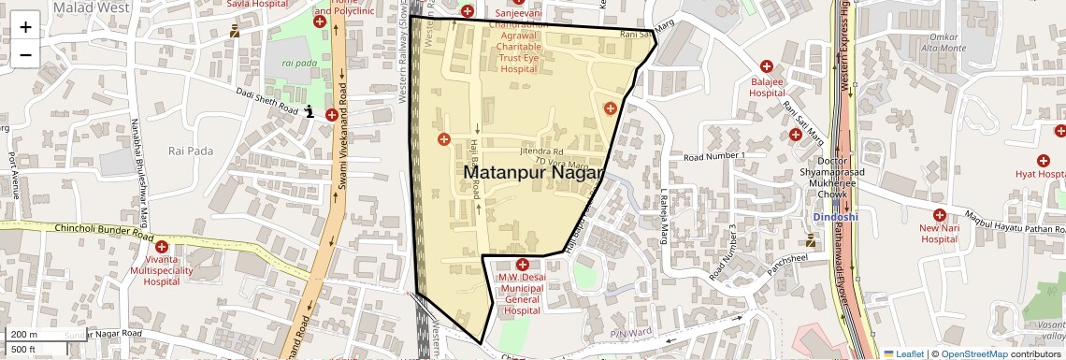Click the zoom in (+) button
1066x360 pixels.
click(x=25, y=27)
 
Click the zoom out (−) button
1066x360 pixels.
click(x=25, y=53)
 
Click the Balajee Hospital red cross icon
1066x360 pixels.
click(x=767, y=66)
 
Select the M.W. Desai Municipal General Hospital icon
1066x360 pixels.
click(x=522, y=265)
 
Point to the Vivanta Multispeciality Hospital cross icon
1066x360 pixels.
click(x=174, y=245)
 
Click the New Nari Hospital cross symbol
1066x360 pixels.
click(x=939, y=213)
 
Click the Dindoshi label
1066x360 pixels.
click(x=834, y=217)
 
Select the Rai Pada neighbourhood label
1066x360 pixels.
click(x=190, y=150)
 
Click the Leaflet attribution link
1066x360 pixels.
click(x=903, y=354)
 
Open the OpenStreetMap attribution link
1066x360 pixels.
click(x=973, y=354)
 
